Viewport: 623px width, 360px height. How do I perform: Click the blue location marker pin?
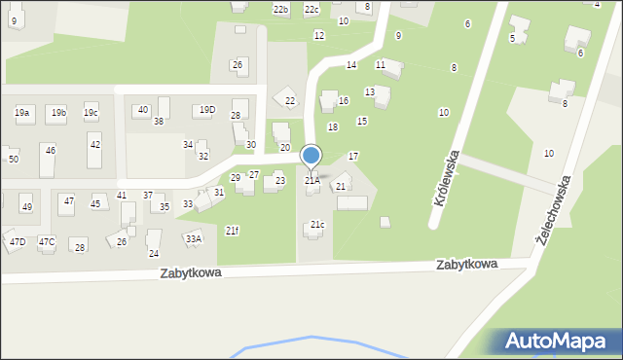pos(311,156)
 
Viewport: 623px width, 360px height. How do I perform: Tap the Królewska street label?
pos(446,176)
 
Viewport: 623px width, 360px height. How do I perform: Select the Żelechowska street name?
pos(552,215)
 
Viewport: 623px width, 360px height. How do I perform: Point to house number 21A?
pos(311,180)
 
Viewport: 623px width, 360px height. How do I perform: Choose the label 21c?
pos(317,225)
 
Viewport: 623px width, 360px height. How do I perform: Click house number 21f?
pos(232,231)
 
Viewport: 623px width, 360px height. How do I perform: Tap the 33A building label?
pos(194,238)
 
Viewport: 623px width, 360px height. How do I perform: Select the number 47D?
pos(18,241)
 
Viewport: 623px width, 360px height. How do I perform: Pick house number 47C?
pos(47,241)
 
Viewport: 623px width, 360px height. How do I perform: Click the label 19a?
pos(21,113)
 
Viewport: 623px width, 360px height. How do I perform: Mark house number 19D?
pos(206,110)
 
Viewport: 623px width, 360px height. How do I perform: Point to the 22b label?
pos(280,10)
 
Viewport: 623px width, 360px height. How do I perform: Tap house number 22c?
pos(311,10)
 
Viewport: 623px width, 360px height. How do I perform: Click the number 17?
pos(353,156)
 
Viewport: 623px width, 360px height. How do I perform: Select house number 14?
pos(350,64)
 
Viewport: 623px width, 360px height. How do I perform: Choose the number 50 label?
pos(14,159)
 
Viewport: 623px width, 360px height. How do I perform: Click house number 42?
pos(94,145)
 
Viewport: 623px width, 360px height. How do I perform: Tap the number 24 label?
pos(154,253)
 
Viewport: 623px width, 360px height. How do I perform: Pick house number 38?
pos(158,122)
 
